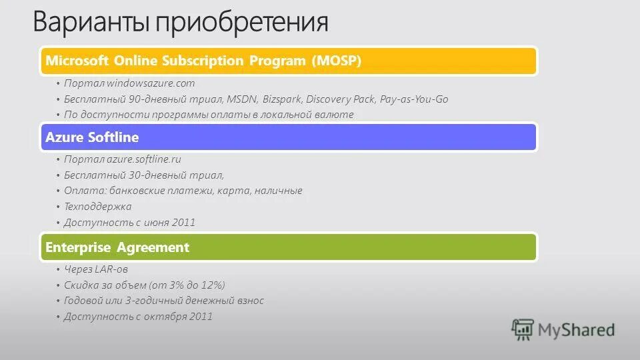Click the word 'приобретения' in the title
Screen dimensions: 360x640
(241, 23)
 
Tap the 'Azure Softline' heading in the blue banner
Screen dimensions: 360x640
(92, 137)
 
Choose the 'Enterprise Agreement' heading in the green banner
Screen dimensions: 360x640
(117, 247)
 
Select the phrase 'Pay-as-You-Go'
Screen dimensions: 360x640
(414, 99)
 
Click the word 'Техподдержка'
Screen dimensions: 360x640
(97, 207)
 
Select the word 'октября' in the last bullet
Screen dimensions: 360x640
(164, 317)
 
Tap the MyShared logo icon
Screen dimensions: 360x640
(523, 330)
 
